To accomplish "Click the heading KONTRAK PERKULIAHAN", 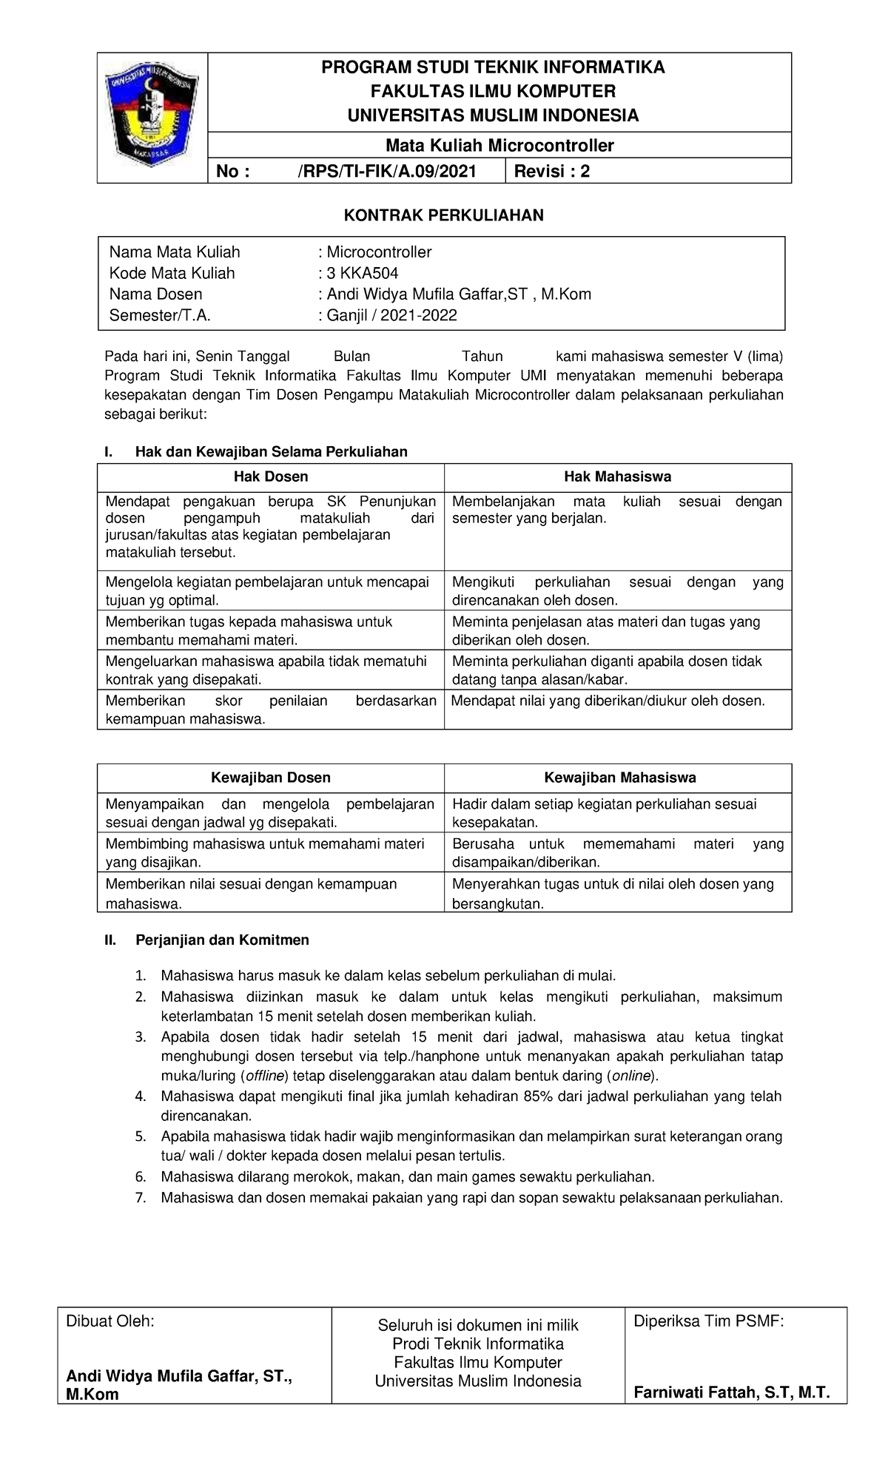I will [x=443, y=215].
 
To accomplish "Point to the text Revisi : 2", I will [x=552, y=172].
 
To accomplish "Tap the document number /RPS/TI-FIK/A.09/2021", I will [x=387, y=172].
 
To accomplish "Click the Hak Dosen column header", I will [x=271, y=477].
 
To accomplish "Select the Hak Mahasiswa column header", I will [x=617, y=477].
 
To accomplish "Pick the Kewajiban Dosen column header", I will [x=271, y=778].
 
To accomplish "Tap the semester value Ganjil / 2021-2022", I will [x=391, y=315].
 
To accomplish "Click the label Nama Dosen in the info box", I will [x=155, y=294].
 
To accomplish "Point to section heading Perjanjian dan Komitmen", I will [x=222, y=940].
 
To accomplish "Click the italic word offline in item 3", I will [x=263, y=1076].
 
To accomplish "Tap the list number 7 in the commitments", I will [x=141, y=1198].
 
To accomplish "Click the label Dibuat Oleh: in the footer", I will [x=110, y=1322].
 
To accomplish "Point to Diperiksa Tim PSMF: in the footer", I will [x=708, y=1321].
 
